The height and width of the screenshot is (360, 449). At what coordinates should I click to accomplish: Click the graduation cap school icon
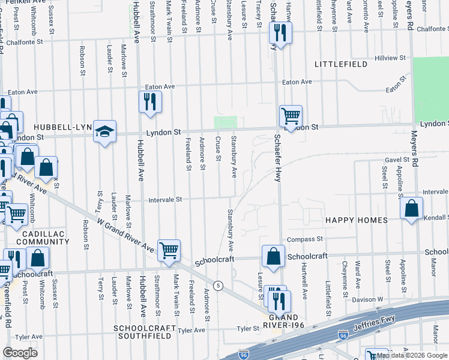point(104,133)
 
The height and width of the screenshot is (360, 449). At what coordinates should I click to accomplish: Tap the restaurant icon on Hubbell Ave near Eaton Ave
point(150,101)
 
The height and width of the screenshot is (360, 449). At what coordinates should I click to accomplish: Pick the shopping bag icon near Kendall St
point(412,209)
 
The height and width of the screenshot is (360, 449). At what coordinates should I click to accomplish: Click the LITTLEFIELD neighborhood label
point(340,64)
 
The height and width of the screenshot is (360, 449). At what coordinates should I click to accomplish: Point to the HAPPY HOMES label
point(357,220)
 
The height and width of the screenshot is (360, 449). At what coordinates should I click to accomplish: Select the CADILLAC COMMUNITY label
point(43,237)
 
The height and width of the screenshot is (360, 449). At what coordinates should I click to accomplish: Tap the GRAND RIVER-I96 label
point(283,321)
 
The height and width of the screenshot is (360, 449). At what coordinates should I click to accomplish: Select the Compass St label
point(305,239)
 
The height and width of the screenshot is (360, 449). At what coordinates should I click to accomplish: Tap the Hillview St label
point(391,58)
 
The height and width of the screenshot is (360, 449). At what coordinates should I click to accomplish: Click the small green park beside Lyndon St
point(226,122)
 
